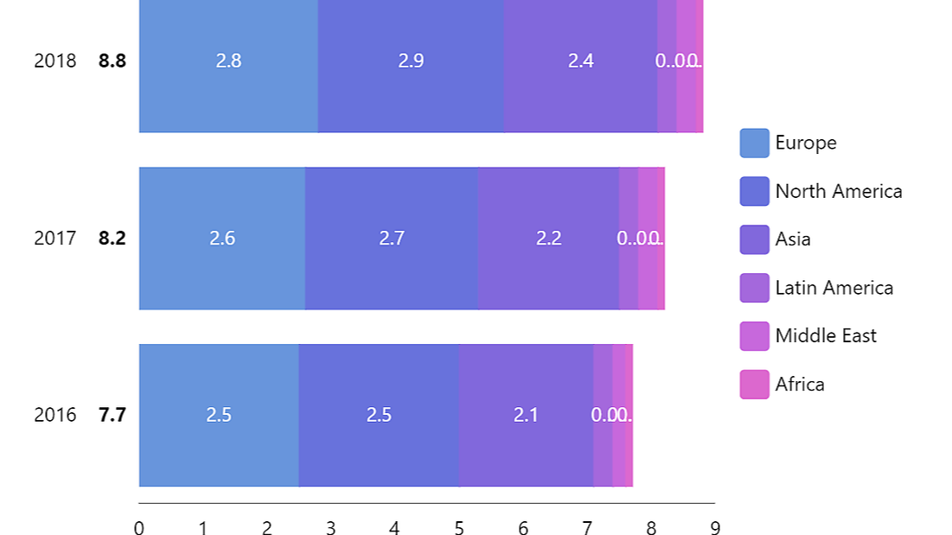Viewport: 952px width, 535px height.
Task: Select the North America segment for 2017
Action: (391, 268)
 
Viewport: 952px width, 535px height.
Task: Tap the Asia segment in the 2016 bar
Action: (526, 449)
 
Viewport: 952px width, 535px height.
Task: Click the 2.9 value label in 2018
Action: (411, 61)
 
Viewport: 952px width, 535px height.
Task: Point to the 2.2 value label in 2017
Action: (549, 238)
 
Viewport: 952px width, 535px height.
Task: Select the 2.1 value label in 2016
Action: (526, 415)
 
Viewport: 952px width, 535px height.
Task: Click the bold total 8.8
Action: (112, 61)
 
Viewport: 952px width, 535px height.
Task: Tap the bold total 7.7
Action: (112, 415)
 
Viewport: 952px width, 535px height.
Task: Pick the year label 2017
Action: (55, 238)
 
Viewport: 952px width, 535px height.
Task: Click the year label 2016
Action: (55, 415)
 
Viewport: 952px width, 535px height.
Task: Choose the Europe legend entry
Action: (805, 143)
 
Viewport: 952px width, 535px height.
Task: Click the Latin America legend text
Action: (834, 288)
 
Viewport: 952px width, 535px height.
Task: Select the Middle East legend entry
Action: (825, 336)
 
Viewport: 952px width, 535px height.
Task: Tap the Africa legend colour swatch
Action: (754, 385)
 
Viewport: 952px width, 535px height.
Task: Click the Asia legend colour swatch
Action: (754, 239)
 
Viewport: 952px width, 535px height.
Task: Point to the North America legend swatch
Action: (754, 191)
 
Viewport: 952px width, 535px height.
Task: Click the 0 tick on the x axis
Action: (139, 528)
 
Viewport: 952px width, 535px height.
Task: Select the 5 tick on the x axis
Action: (459, 528)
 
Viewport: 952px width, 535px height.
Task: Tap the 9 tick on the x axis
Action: (715, 528)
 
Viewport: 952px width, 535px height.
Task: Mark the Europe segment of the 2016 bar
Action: (219, 449)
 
